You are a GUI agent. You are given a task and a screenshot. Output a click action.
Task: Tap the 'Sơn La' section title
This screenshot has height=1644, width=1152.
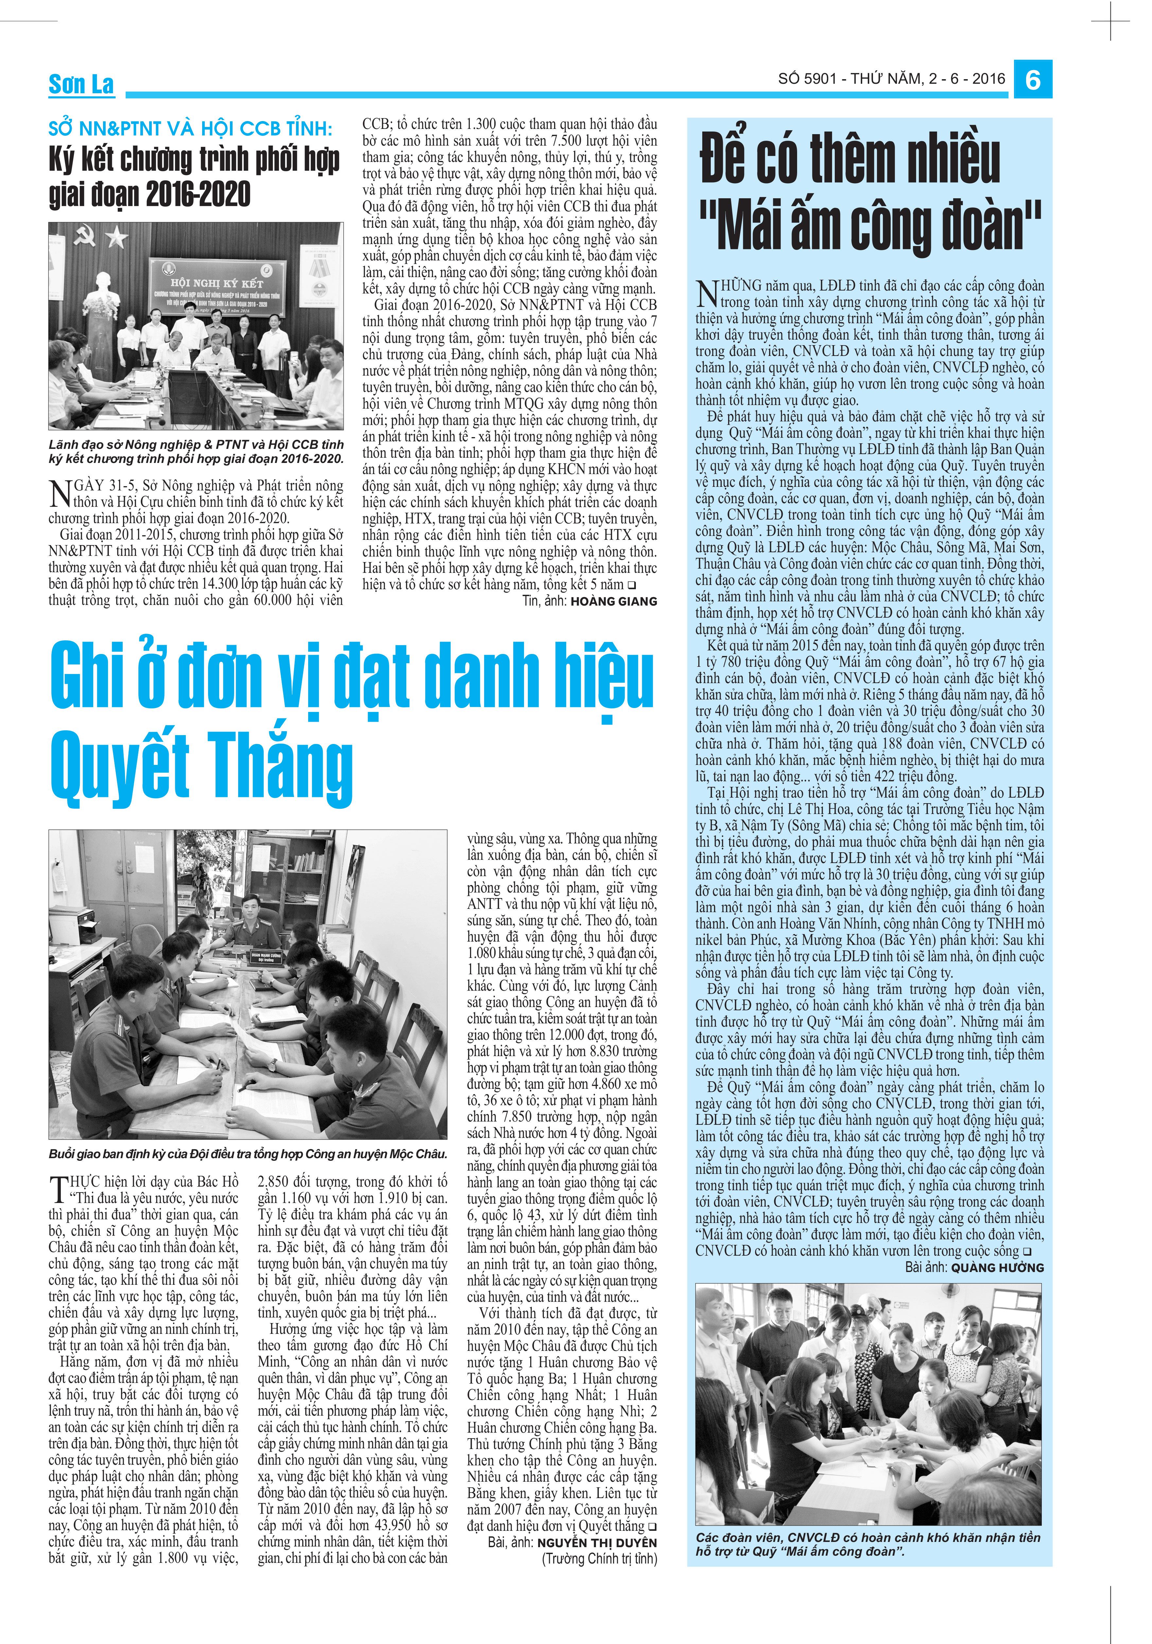[x=81, y=84]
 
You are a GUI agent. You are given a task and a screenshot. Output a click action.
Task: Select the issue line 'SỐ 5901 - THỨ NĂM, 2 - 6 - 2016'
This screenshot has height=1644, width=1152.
[x=891, y=79]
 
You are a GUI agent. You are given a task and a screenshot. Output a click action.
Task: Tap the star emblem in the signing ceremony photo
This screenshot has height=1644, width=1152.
[x=114, y=235]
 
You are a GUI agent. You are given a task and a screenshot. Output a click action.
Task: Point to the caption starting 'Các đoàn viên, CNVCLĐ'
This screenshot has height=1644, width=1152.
[x=868, y=1544]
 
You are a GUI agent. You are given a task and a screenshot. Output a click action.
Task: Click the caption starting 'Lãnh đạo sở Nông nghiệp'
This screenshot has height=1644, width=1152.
[x=196, y=452]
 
